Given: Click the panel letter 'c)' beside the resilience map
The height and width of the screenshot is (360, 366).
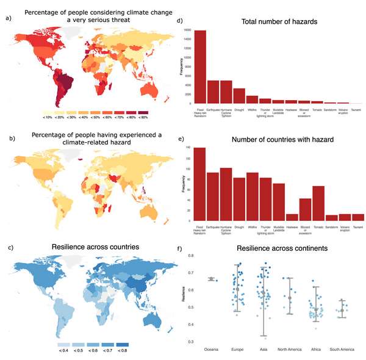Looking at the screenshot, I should pyautogui.click(x=7, y=247).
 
